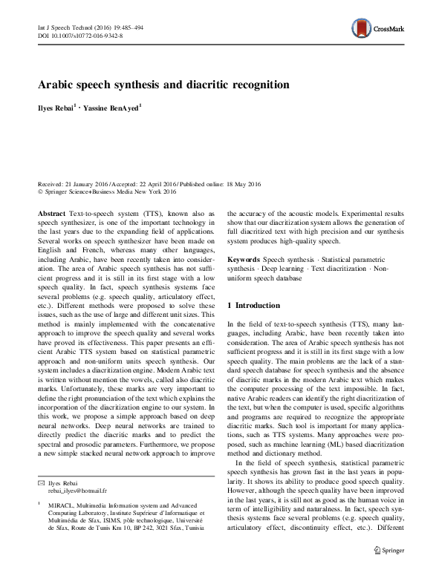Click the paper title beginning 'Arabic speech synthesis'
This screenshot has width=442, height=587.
(163, 85)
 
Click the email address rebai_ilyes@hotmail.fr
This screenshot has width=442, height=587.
(77, 491)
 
